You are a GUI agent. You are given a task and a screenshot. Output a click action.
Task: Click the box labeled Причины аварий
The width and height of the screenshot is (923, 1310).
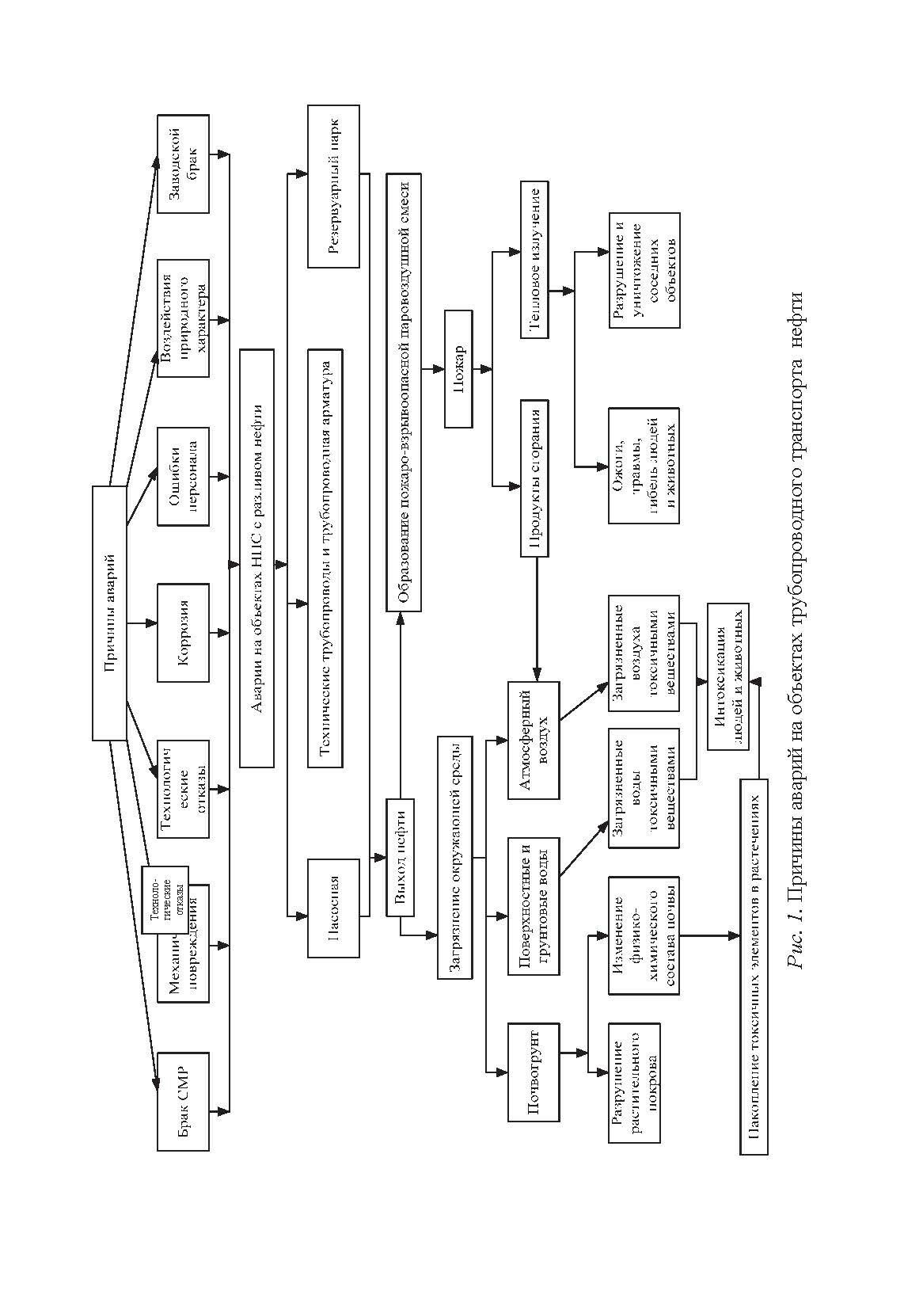click(x=109, y=613)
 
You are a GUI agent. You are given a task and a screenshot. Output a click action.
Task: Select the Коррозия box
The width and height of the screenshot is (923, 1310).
click(x=183, y=633)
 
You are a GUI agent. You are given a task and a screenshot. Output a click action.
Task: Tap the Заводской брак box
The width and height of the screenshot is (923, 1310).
click(x=183, y=165)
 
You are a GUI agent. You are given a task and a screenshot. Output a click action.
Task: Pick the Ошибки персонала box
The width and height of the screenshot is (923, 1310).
click(x=183, y=476)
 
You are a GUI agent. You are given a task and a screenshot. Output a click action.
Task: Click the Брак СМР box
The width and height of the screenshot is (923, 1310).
click(x=183, y=1102)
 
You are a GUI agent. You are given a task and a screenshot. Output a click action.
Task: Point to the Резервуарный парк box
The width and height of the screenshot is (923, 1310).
click(x=332, y=186)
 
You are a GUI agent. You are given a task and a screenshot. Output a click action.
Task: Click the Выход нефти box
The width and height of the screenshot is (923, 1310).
click(x=401, y=859)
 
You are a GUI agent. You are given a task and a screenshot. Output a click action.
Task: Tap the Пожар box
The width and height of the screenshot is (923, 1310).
click(x=458, y=369)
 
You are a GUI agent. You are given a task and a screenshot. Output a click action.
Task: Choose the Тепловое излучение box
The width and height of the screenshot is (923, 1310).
click(x=534, y=260)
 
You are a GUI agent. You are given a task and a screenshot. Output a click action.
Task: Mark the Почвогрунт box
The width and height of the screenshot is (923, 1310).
click(x=533, y=1072)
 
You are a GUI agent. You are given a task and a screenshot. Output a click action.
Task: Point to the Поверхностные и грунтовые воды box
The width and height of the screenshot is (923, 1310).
click(x=533, y=907)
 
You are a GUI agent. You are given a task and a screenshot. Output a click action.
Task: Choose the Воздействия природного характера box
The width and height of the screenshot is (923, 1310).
click(x=183, y=318)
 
